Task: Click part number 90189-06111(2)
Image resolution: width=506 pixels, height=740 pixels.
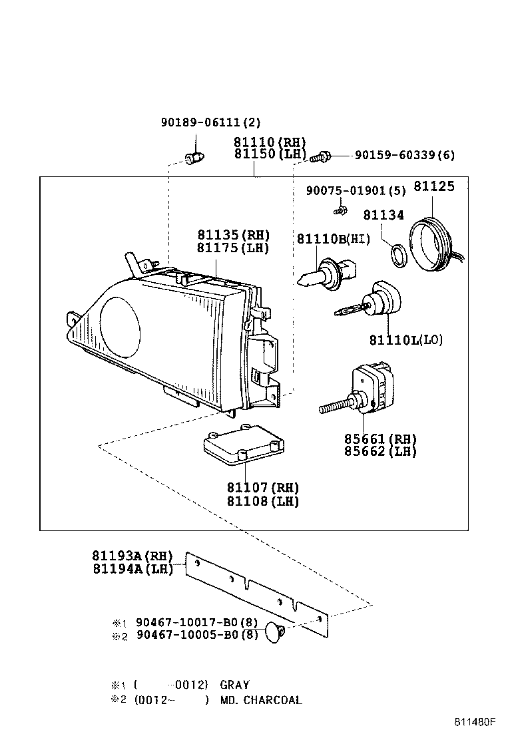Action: point(210,122)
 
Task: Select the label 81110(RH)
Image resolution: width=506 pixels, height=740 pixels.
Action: point(269,142)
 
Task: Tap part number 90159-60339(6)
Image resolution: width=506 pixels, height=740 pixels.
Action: point(404,155)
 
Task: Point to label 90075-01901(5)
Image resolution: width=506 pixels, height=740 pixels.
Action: point(356,191)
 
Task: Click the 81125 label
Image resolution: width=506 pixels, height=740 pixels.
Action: point(434,186)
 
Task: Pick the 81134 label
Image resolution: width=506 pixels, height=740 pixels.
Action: point(383,215)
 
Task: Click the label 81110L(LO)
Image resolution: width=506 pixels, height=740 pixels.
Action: point(405,340)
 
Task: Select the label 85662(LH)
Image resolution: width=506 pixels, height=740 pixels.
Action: point(380,451)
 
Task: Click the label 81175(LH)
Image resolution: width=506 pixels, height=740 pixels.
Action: point(232,248)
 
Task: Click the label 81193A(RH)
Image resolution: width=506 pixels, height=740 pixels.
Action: point(132,556)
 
